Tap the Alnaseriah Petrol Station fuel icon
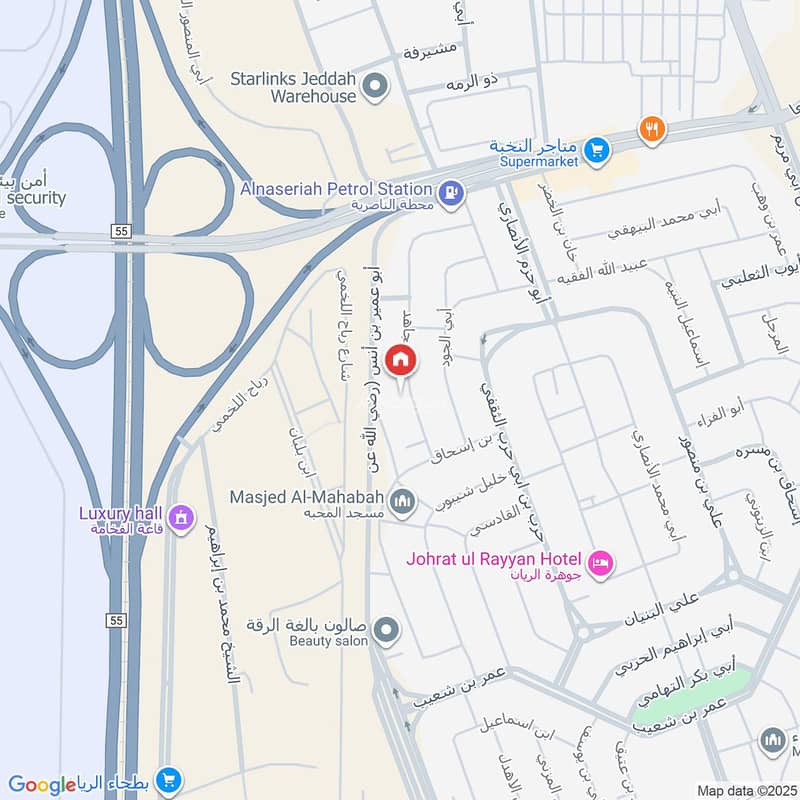point(450,191)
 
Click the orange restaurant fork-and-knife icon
point(652,128)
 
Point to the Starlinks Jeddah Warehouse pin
point(376,87)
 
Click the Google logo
point(42,785)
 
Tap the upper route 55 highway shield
point(121,231)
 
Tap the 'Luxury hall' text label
point(121,514)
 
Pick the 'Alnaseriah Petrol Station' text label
point(336,188)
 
